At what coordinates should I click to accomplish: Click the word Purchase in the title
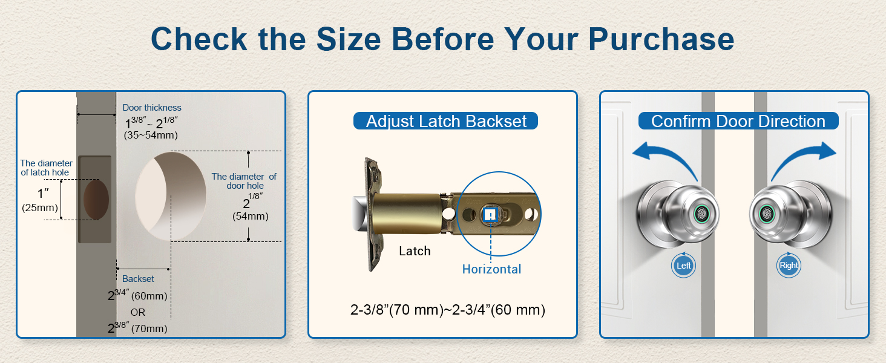tap(661, 39)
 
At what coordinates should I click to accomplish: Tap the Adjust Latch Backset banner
tap(446, 121)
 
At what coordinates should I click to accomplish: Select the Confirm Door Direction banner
tap(738, 121)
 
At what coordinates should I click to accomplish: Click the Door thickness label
tap(152, 108)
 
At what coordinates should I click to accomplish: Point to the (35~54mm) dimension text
tap(151, 136)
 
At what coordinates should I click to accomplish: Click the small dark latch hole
tap(96, 199)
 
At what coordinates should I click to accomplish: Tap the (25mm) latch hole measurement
tap(40, 208)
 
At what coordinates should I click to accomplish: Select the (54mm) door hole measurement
tap(251, 217)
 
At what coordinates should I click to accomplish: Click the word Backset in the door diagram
tap(138, 279)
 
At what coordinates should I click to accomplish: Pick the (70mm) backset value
tap(149, 329)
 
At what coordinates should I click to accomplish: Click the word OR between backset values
tap(138, 312)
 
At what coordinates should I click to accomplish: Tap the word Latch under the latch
tap(415, 251)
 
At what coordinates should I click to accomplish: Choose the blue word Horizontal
tap(491, 269)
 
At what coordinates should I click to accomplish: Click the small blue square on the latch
tap(490, 215)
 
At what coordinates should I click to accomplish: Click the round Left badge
tap(683, 266)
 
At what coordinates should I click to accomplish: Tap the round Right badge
tap(789, 266)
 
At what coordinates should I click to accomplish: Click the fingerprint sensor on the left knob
tap(702, 214)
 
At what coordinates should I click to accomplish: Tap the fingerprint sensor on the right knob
tap(767, 214)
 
